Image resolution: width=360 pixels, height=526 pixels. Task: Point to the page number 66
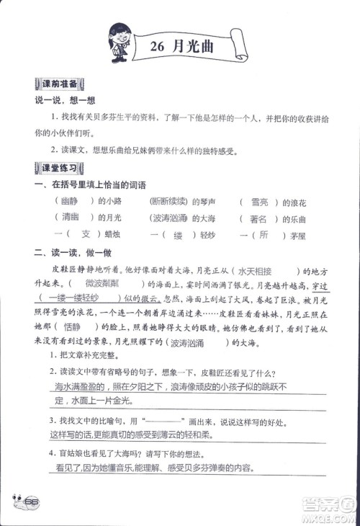[30, 502]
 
